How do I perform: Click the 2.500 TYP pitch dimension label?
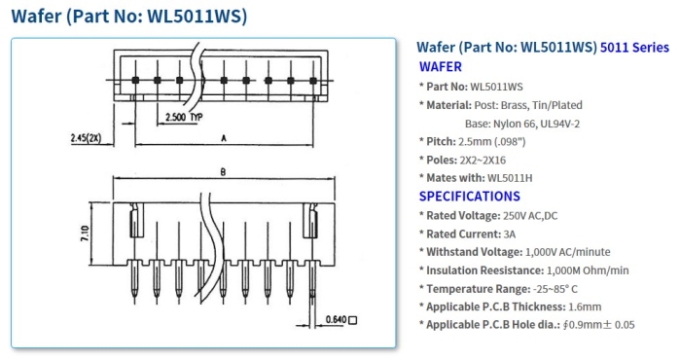(184, 117)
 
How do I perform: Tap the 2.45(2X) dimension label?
(86, 138)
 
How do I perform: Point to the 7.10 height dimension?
(85, 234)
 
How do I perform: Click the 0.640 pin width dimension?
(336, 320)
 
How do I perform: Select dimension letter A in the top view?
(224, 138)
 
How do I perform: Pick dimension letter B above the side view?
(223, 172)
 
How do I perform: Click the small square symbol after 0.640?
(353, 320)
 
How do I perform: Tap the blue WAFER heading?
(440, 67)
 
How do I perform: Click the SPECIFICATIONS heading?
(469, 197)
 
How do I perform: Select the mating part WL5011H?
(510, 178)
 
